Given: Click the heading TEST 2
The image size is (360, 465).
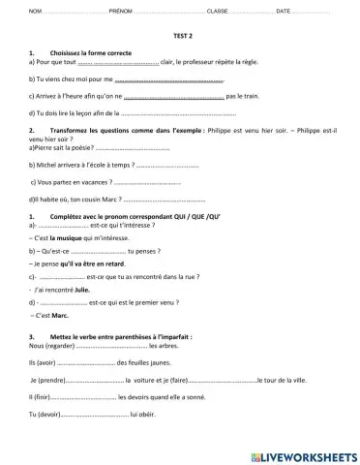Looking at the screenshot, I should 180,33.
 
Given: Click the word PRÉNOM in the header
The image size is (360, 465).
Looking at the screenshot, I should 94,10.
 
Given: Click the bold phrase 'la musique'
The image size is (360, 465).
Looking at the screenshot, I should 65,236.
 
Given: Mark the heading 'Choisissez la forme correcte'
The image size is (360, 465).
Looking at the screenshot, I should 90,51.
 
